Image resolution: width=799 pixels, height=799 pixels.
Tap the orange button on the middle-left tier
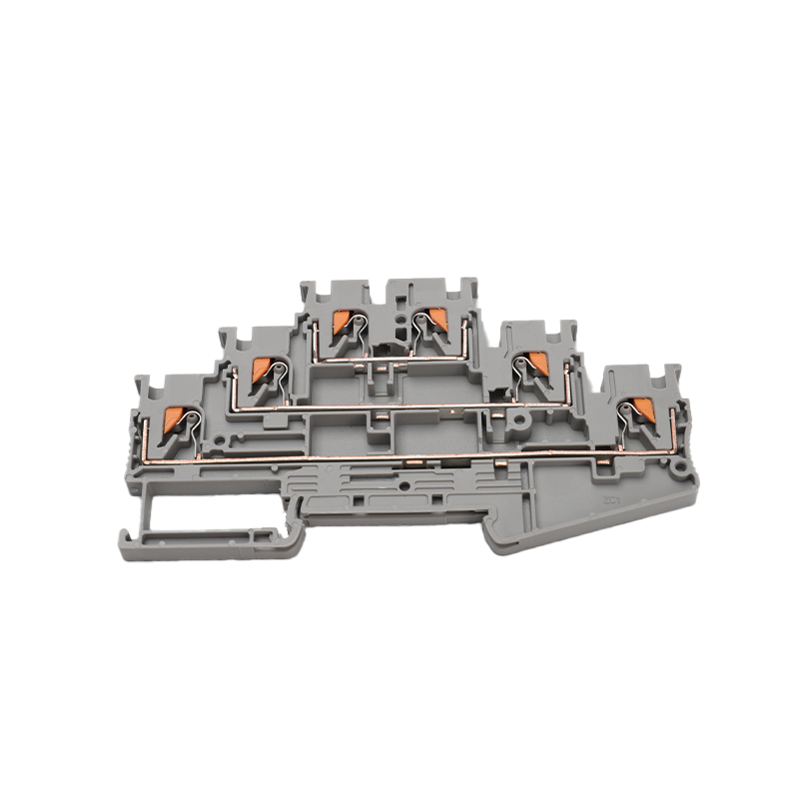pyautogui.click(x=263, y=369)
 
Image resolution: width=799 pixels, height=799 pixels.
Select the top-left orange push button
pyautogui.click(x=341, y=322)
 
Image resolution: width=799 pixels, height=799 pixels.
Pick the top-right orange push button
pyautogui.click(x=436, y=320)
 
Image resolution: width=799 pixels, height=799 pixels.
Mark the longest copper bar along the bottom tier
pyautogui.click(x=399, y=458)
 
